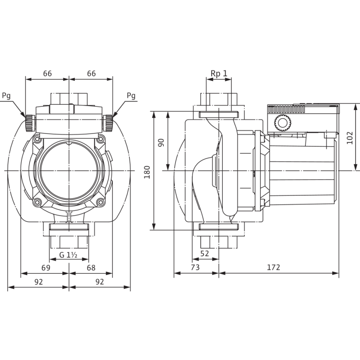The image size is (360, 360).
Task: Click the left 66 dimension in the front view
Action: pos(47,73)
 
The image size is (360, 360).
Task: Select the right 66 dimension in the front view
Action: pos(91,73)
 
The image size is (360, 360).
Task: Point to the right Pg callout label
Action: pos(131,96)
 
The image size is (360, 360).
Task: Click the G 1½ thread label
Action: pos(69,254)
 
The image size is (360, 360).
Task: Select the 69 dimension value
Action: pos(47,267)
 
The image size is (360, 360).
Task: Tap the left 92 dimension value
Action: pos(39,282)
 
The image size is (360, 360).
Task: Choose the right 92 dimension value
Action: pos(99,282)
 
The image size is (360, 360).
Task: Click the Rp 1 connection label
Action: pos(218,73)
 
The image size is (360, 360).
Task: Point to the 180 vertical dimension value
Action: pos(148,170)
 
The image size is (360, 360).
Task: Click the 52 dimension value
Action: pos(205,253)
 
